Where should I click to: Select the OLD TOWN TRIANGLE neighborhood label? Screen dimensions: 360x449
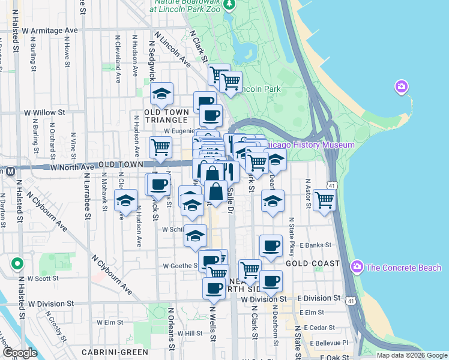tap(166, 116)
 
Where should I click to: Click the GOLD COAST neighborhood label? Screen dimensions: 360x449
tap(312, 264)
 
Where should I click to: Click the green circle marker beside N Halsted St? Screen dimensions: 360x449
tap(17, 263)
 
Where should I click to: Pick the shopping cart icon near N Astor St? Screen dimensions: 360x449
tap(324, 200)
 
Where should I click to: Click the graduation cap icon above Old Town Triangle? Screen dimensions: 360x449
tap(161, 94)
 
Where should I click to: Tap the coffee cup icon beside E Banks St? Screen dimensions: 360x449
tap(271, 245)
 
